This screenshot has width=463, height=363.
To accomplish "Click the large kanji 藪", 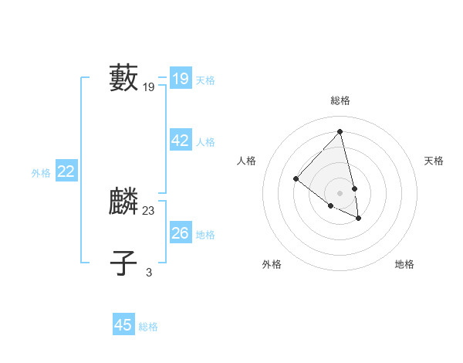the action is (124, 79).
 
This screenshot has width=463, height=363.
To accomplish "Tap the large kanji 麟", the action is (124, 202).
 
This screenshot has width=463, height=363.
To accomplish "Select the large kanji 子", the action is (124, 263).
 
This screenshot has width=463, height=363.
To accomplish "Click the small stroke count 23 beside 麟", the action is (149, 210).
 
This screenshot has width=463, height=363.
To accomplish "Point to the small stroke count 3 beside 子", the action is (149, 272).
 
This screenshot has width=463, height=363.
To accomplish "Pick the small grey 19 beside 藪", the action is (149, 87).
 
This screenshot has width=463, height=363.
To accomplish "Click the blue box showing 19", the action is (180, 79).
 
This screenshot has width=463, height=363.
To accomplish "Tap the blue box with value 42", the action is (180, 141).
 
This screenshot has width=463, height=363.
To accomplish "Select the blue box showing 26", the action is (180, 233).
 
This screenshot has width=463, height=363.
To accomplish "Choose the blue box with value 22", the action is (66, 171).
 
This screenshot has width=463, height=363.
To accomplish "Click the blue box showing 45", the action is (123, 325).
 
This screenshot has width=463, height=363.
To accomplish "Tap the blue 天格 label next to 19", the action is (205, 80).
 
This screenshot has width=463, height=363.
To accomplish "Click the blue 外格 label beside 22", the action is (41, 173).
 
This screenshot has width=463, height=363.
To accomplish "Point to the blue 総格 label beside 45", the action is (148, 327).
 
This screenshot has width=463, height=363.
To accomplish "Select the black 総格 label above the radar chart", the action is (340, 100).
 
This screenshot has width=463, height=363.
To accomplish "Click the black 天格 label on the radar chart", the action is (434, 161).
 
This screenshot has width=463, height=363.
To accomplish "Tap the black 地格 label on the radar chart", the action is (404, 264).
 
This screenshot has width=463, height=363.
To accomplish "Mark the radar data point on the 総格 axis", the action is (340, 131).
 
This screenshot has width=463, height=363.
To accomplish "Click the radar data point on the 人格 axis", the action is (296, 179).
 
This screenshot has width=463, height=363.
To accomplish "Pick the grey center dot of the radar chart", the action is (340, 192).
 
